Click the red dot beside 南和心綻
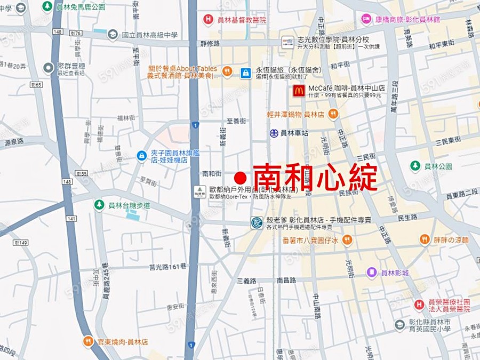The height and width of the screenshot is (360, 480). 241,177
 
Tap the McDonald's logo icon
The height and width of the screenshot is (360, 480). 299,91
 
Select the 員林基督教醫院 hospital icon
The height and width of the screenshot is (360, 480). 208,20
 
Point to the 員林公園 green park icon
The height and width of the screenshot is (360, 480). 415,166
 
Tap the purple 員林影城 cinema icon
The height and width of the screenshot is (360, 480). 372,272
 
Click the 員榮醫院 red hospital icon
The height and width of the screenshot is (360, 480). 420,305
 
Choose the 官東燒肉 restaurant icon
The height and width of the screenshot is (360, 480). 88,341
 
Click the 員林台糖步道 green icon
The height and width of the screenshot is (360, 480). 99,204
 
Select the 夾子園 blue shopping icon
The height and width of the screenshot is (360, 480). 141,155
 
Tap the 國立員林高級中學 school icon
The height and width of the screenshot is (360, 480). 113,35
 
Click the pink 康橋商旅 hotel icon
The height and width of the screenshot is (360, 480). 366,19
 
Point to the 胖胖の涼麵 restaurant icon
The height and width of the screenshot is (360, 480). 425,239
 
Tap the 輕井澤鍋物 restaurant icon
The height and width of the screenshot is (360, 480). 333,114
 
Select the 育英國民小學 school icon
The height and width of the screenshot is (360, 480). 399,324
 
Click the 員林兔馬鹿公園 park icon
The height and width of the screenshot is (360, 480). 47,6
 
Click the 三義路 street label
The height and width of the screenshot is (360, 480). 247,280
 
